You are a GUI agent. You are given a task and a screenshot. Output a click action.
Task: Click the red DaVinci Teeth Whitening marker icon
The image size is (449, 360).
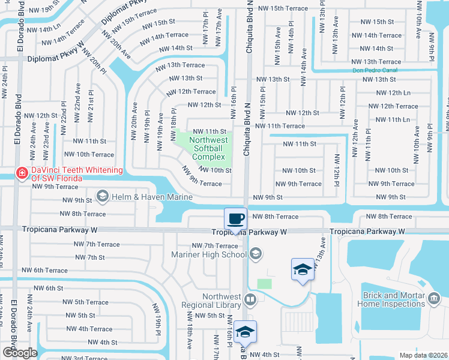(22, 173)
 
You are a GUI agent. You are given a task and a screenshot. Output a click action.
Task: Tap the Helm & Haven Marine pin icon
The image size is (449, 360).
(102, 196)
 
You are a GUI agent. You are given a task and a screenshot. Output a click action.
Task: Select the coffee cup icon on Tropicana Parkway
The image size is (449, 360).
(235, 218)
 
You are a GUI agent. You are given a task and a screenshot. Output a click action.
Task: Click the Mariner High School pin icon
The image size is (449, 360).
(256, 254)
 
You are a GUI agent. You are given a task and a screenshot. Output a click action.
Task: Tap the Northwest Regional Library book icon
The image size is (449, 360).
(250, 299)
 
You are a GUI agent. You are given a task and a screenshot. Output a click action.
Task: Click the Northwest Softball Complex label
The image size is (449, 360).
(208, 148)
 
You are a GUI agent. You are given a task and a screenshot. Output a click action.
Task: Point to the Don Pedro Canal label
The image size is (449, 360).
(375, 70)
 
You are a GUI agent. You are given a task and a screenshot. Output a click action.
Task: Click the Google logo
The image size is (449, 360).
(19, 353)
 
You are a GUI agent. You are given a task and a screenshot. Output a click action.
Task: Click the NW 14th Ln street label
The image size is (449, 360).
(44, 28)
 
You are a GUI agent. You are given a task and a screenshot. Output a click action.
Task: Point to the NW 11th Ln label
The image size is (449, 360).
(390, 119)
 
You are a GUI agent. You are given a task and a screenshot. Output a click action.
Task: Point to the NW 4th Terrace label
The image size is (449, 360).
(89, 329)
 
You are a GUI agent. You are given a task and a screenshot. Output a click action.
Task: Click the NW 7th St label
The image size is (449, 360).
(88, 257)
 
